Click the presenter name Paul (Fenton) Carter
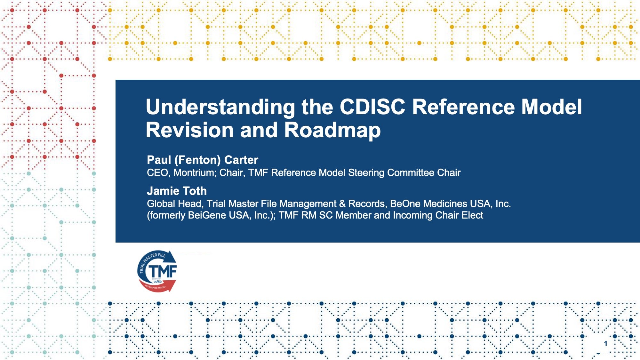point(203,160)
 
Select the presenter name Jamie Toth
point(177,191)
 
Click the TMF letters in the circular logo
point(163,271)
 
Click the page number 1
point(605,344)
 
